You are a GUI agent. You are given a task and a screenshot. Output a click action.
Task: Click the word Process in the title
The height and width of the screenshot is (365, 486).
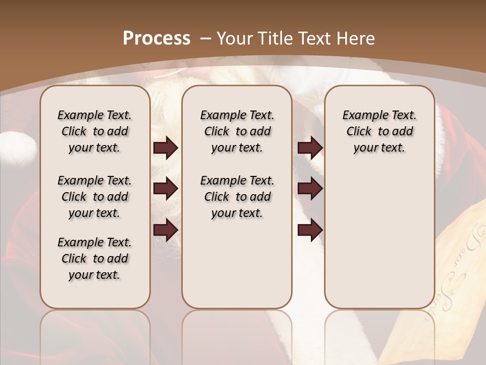156,39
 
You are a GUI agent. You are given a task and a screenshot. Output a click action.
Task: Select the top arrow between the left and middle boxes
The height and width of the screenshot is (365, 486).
166,148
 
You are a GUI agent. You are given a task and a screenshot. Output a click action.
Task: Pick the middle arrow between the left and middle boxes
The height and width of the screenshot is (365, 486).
166,189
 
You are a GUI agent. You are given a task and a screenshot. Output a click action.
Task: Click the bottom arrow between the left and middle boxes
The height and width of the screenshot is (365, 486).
166,230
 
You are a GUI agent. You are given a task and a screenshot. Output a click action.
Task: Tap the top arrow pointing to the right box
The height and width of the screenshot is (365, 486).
310,148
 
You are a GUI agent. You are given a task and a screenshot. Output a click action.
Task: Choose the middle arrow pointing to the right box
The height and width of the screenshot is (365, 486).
310,189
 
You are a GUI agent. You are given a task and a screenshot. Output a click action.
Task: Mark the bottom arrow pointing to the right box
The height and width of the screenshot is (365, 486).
310,230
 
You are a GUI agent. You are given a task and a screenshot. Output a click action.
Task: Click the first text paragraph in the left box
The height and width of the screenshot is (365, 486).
95,131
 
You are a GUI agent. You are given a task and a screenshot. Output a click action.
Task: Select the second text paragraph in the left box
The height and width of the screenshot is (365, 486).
95,197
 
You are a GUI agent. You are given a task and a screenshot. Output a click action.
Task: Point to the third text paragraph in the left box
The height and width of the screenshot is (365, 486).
95,259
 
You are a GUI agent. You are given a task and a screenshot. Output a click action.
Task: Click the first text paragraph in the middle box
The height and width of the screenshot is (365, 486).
237,131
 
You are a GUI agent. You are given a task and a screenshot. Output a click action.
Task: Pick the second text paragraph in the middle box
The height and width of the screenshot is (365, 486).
237,197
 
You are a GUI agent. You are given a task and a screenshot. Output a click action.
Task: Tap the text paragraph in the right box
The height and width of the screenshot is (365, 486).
380,131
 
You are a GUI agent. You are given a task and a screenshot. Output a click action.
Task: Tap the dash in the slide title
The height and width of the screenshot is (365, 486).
206,39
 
